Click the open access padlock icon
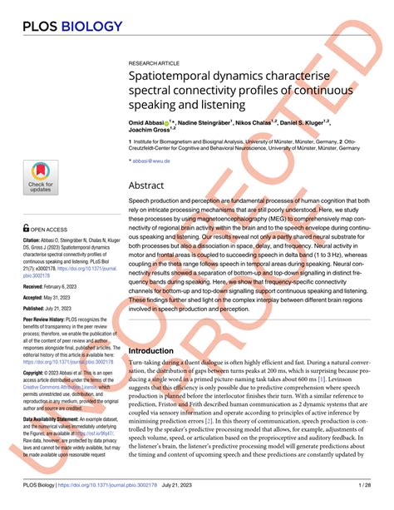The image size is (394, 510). click(x=27, y=227)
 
